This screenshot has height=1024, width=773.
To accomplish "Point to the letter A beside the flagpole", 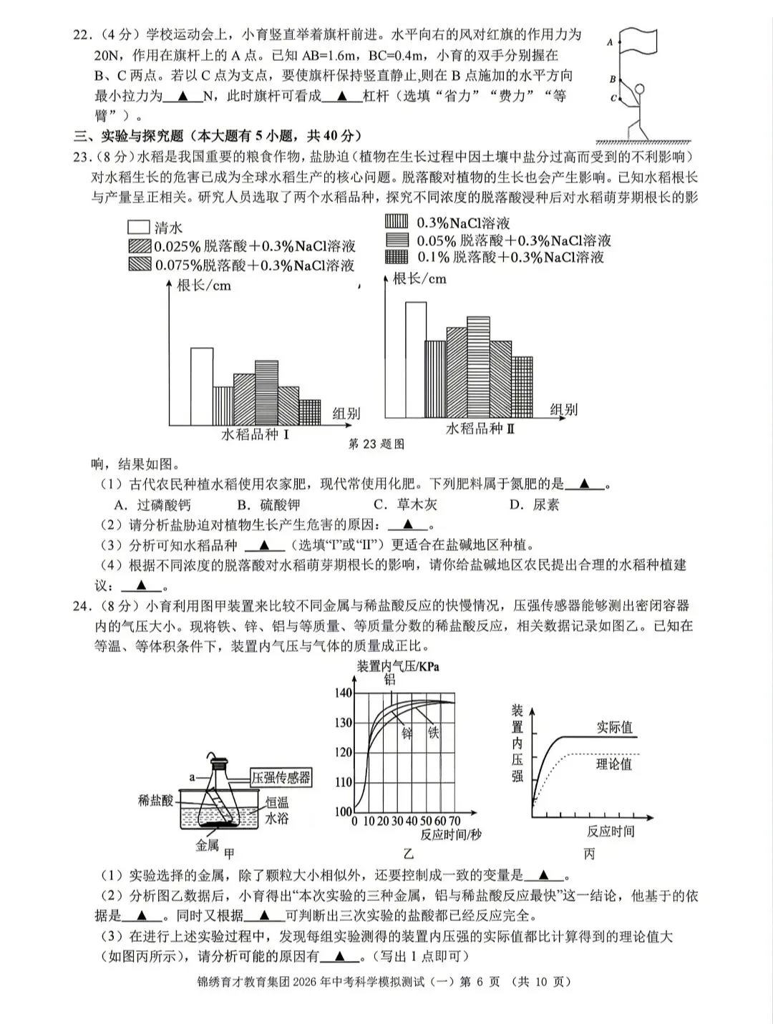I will click(x=611, y=42).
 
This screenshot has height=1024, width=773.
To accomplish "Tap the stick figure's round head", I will click(x=639, y=89).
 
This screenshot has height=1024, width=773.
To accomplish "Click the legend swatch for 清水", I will click(x=138, y=228).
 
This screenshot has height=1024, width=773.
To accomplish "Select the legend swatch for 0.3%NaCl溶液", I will click(x=397, y=222).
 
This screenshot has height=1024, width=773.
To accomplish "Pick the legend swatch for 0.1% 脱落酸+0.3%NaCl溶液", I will click(x=397, y=257).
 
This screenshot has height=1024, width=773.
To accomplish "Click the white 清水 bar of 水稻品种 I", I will click(x=201, y=386).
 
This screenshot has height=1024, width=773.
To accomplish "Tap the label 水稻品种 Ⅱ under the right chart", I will click(x=480, y=429).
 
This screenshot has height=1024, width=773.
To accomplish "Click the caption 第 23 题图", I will click(x=376, y=444).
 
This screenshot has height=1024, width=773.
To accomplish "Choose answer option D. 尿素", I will click(x=534, y=504).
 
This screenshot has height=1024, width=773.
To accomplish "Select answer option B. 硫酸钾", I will click(x=264, y=504).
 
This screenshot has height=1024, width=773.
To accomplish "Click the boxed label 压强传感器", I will click(x=281, y=777).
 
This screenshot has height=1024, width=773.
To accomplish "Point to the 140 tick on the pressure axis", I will click(x=344, y=693).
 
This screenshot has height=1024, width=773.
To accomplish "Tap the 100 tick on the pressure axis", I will click(x=344, y=811).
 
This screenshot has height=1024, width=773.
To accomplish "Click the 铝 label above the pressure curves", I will click(x=390, y=679).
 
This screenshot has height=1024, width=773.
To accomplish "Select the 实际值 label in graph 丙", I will click(x=615, y=727).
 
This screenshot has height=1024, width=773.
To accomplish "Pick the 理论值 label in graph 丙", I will click(x=614, y=764).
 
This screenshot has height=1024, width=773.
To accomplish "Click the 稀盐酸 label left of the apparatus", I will click(x=155, y=800).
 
